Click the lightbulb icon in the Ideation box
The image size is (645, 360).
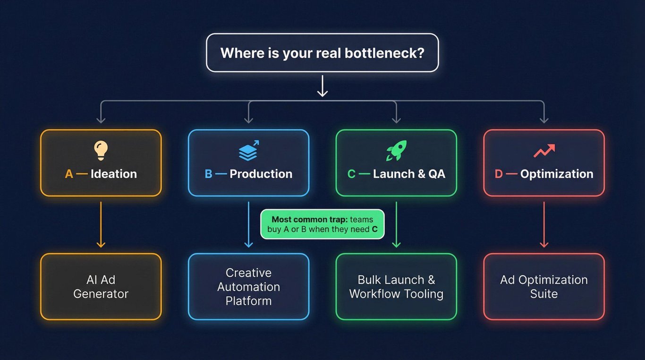click(x=101, y=150)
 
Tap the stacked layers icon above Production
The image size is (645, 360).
click(x=249, y=151)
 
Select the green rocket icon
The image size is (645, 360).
click(x=397, y=150)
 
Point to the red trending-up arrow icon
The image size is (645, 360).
click(x=544, y=151)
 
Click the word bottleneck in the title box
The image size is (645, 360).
click(x=384, y=53)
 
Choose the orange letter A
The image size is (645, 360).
click(x=69, y=174)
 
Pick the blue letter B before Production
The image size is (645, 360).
click(x=209, y=174)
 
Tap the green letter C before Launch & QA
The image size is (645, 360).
click(x=351, y=174)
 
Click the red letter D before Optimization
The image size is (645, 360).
click(x=499, y=174)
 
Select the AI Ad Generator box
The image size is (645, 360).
click(x=101, y=287)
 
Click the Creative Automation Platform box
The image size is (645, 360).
click(x=249, y=287)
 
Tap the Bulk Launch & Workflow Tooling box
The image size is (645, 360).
click(x=397, y=287)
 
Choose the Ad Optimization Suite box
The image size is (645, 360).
click(x=544, y=287)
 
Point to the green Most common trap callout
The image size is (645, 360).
click(x=322, y=224)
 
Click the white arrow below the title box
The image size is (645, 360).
click(x=322, y=86)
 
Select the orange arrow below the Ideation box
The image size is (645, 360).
click(x=101, y=224)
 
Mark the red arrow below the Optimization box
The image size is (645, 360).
click(x=544, y=224)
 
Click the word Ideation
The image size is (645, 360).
click(x=114, y=174)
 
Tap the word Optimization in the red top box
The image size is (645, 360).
click(x=557, y=174)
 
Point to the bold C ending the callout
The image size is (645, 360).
click(x=374, y=229)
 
